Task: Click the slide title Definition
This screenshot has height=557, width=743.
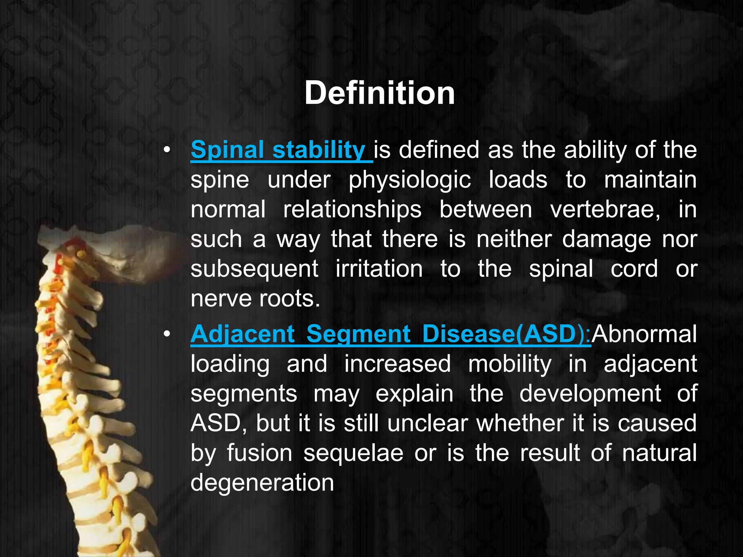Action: click(x=379, y=93)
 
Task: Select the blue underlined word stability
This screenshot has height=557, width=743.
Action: click(x=319, y=150)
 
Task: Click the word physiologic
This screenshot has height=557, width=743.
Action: click(x=410, y=180)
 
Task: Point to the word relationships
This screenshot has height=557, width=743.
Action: click(x=352, y=210)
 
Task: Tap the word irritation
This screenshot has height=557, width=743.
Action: click(x=379, y=269)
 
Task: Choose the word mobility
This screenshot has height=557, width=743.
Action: click(x=510, y=364)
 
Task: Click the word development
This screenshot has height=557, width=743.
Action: click(x=590, y=394)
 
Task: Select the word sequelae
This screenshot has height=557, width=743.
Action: click(x=353, y=453)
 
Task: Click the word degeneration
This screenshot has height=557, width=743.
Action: click(x=262, y=483)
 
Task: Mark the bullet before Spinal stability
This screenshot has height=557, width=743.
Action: click(x=167, y=150)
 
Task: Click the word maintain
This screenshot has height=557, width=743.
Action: click(x=650, y=180)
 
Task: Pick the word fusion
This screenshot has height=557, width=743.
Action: click(x=259, y=453)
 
